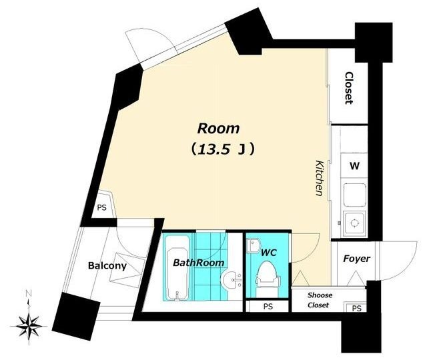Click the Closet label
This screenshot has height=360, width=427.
[x=349, y=88]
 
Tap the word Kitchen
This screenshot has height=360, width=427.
[x=319, y=178]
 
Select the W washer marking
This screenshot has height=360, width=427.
[x=354, y=166]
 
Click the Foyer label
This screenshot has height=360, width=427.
[x=356, y=259]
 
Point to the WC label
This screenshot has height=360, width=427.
[x=268, y=253]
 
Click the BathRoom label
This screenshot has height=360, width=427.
[x=199, y=263]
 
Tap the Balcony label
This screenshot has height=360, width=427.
[x=107, y=265]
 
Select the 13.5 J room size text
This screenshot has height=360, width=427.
[x=223, y=149]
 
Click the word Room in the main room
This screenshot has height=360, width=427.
[x=218, y=129]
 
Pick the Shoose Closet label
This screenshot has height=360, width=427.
[x=320, y=300]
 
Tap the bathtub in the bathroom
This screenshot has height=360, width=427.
[x=177, y=268]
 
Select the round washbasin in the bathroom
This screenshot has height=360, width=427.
[x=231, y=279]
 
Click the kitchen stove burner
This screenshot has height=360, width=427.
[x=354, y=223]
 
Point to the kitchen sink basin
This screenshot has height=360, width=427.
[x=354, y=195]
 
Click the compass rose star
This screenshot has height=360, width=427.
[x=29, y=326]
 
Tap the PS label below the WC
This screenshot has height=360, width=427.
[x=268, y=307]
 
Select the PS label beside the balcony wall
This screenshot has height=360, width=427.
[x=102, y=207]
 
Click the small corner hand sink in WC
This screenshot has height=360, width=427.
[x=254, y=246]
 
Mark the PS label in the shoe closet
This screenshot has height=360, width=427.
[x=356, y=308]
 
